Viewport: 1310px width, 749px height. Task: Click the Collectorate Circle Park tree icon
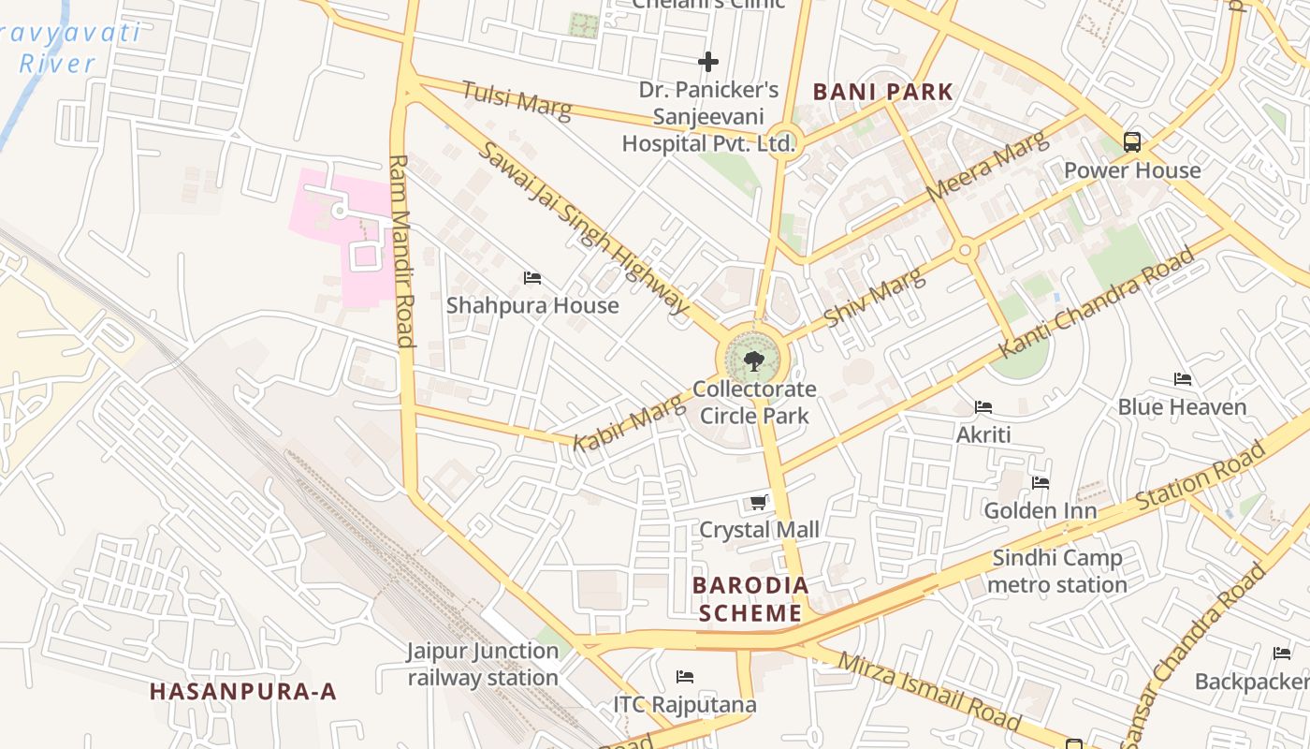[753, 360]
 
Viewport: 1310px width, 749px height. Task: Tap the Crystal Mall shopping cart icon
[759, 503]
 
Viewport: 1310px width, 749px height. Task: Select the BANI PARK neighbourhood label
[882, 92]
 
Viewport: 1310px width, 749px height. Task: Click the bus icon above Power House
[1132, 142]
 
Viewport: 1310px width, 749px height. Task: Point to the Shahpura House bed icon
[532, 278]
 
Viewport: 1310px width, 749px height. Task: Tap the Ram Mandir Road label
[401, 251]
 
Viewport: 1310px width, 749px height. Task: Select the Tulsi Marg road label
[517, 99]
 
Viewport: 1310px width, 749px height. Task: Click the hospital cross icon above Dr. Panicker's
[708, 62]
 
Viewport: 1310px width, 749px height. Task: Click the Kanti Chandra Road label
[1098, 301]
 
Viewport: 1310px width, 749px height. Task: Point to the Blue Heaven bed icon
[1183, 379]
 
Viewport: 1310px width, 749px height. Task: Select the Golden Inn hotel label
[1040, 511]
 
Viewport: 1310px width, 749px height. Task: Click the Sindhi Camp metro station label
[1057, 571]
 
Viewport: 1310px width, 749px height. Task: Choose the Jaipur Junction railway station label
[483, 664]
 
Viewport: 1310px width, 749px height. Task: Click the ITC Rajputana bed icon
[685, 676]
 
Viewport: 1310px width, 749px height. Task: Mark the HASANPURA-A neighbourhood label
[242, 692]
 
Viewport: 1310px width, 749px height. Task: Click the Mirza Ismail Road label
[929, 691]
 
